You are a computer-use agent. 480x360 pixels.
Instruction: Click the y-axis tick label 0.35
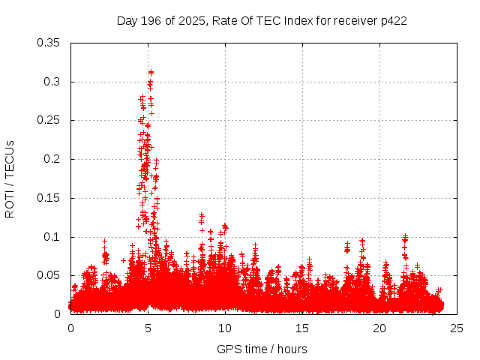pos(49,43)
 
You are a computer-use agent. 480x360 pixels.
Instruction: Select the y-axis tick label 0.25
pos(49,120)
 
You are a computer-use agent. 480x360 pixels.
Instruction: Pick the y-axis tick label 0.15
pos(49,198)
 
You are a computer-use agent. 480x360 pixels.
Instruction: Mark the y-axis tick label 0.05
pos(49,275)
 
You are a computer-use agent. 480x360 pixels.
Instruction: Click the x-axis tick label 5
pos(148,328)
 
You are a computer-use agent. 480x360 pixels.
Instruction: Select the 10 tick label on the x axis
pos(226,328)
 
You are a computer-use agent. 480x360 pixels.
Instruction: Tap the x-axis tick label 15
pos(303,328)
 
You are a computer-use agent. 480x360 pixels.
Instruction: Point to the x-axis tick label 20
pos(380,328)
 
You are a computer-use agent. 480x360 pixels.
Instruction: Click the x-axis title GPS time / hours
pos(262,349)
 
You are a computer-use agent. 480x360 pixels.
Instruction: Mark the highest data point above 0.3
pos(151,73)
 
